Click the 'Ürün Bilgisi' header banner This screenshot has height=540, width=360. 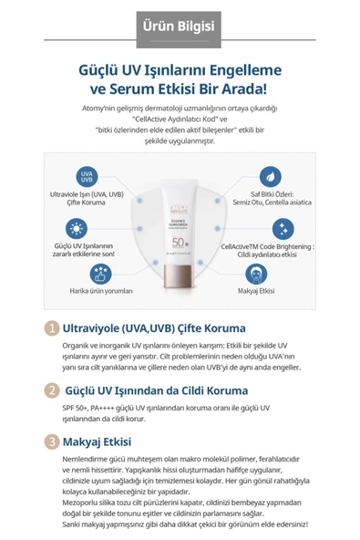click(x=180, y=22)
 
